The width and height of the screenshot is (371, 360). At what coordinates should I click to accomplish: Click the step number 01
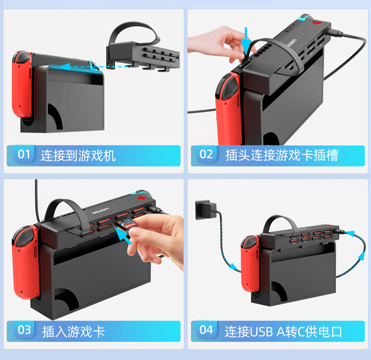tap(24, 154)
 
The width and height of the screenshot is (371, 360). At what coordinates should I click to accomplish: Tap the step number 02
tap(206, 154)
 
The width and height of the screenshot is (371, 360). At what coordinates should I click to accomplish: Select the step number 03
tap(24, 330)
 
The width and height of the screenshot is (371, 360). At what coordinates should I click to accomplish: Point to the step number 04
tap(206, 330)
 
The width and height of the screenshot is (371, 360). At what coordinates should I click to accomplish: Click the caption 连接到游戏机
tap(78, 155)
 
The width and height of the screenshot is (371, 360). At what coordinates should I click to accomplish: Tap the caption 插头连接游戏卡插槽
tap(281, 155)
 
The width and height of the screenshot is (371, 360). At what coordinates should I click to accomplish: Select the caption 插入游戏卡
tap(73, 331)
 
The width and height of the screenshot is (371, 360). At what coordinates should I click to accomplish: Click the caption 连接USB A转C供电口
tap(283, 331)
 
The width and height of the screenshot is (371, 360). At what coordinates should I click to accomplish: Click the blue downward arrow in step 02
tap(246, 41)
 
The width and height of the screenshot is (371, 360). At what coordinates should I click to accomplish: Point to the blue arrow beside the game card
tap(123, 235)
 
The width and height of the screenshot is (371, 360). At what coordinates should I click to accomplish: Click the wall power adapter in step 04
tap(205, 210)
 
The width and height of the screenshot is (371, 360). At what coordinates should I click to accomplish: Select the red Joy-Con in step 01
tap(22, 84)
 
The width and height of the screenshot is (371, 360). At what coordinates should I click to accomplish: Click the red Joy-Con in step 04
tap(250, 263)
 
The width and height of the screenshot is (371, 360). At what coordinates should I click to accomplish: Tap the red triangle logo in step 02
tap(316, 23)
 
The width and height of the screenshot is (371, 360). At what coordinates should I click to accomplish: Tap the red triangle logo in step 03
tap(141, 197)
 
